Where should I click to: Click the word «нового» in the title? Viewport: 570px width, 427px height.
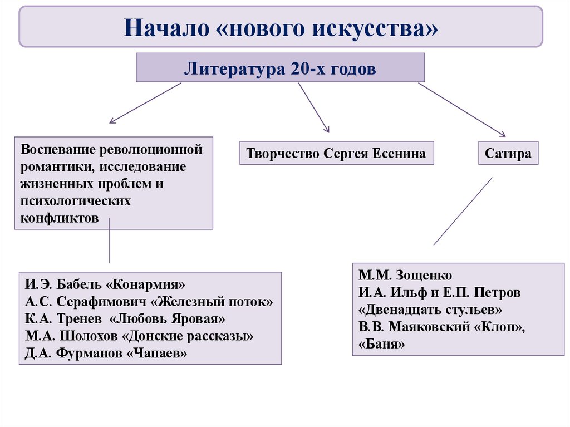(x=259, y=27)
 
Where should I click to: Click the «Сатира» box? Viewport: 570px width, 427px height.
(x=508, y=153)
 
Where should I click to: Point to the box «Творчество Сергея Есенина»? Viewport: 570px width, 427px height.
(x=336, y=153)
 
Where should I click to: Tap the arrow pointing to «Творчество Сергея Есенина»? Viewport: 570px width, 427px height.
(x=313, y=107)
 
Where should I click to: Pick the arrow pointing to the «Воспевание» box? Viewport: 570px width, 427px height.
(x=145, y=102)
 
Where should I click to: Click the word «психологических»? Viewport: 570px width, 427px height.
(x=76, y=201)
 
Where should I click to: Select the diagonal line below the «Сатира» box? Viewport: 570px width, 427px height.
(x=463, y=211)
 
